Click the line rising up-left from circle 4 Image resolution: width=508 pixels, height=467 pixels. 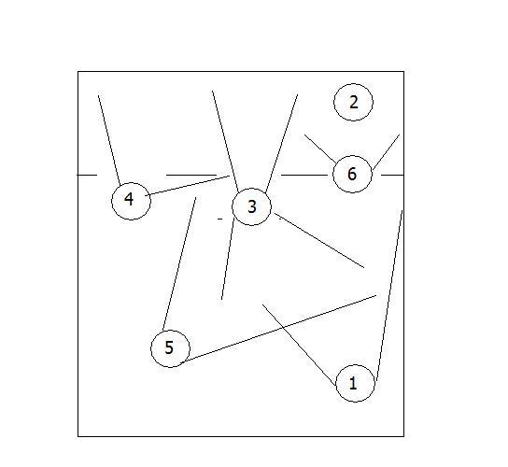(109, 140)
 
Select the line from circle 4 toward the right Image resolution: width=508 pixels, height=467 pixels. (188, 186)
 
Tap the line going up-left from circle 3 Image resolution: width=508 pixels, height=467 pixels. (225, 142)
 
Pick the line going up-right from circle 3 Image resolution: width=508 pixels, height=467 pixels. (281, 144)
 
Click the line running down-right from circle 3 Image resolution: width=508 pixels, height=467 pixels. (319, 240)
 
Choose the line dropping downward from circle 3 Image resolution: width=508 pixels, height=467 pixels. (228, 259)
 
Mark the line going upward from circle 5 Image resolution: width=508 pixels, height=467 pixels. (179, 264)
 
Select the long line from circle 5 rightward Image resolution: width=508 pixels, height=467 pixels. (278, 329)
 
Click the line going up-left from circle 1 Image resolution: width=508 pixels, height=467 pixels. (299, 345)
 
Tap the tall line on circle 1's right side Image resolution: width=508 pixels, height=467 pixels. (389, 295)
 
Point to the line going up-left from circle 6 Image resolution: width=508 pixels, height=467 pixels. (320, 149)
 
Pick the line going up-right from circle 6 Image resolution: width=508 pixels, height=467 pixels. (387, 152)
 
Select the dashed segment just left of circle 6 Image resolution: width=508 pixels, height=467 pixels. (304, 175)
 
